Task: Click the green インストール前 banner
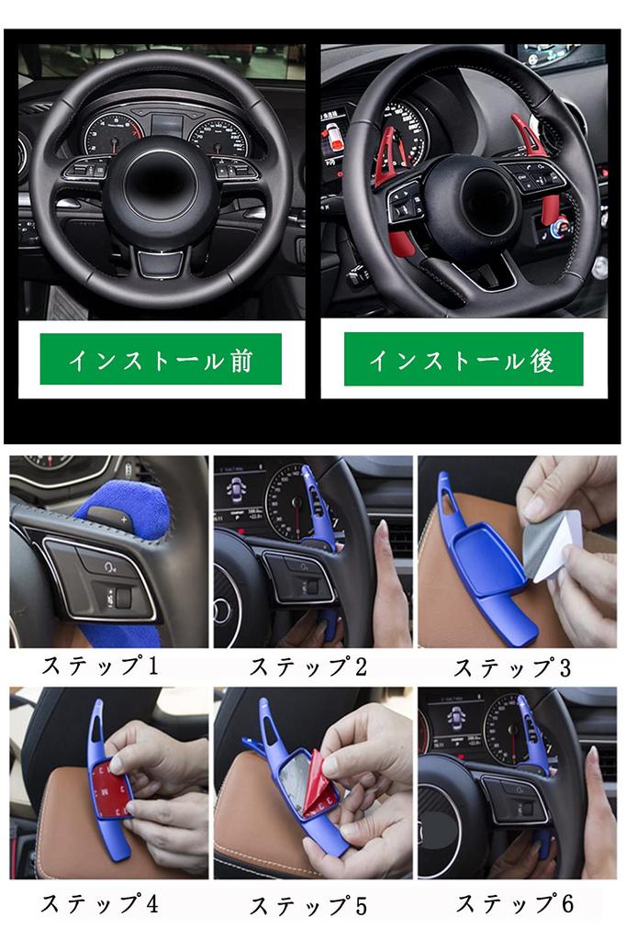click(x=161, y=359)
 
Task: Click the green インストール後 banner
click(x=464, y=359)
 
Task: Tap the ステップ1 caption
click(x=100, y=666)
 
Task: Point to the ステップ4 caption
click(x=100, y=903)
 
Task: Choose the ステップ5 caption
click(x=308, y=905)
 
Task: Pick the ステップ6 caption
click(x=515, y=903)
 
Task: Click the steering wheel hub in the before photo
click(x=160, y=179)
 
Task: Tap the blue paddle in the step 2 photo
click(x=317, y=514)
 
